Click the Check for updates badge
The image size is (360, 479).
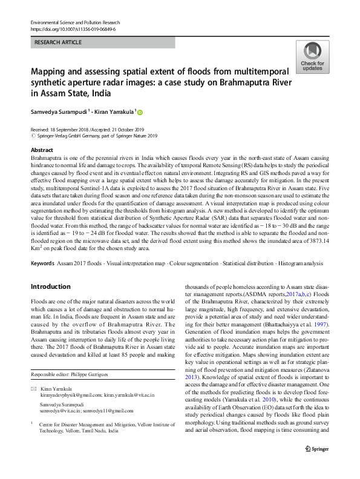point(312,58)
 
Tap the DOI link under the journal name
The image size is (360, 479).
point(73,28)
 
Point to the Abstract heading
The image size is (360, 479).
point(41,150)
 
